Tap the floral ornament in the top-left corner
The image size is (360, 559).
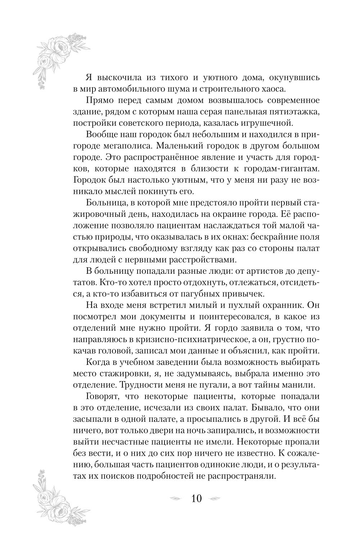59,58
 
